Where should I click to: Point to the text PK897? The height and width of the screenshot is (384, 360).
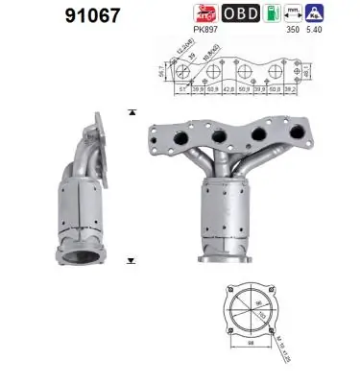point(205,30)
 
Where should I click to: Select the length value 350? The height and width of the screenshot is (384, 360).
point(309,30)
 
